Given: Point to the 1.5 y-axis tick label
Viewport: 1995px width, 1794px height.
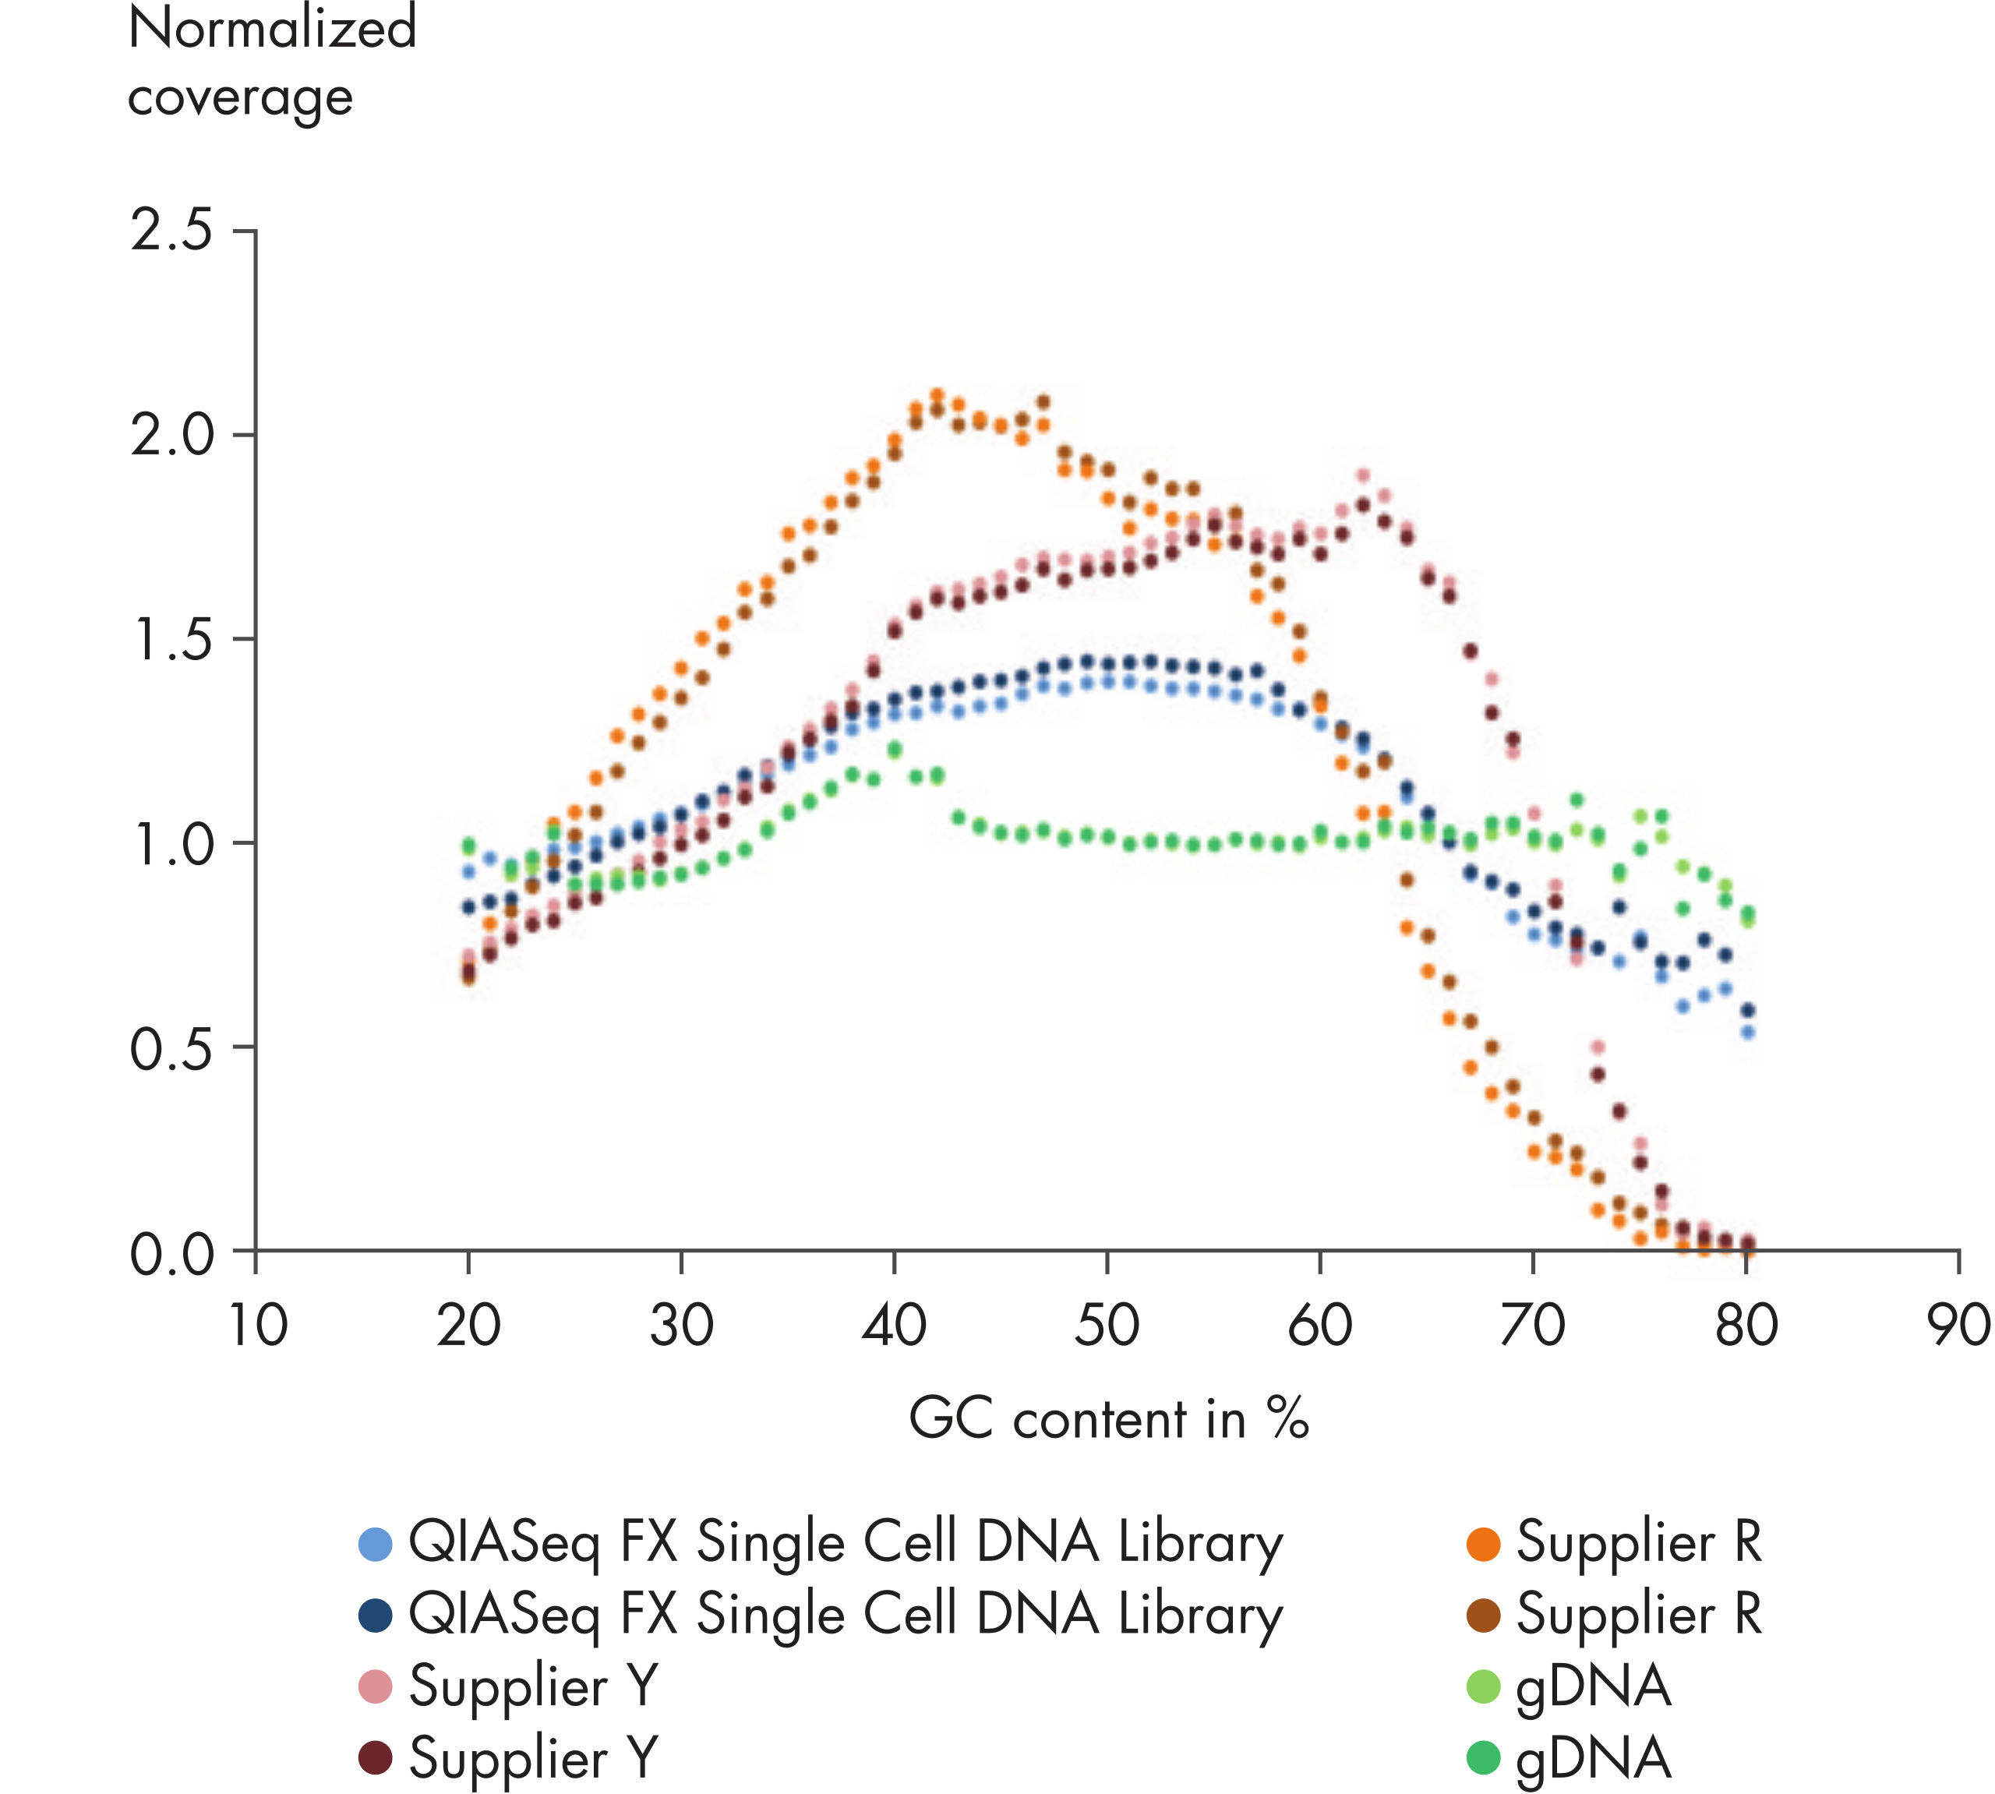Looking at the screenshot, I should point(171,640).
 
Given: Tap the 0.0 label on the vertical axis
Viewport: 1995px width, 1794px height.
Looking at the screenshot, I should point(171,1255).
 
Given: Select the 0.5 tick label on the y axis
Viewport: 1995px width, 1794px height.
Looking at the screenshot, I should point(171,1049).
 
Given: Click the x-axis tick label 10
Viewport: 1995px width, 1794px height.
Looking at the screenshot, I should point(257,1325).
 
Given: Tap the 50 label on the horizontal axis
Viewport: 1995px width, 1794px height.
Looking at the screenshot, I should point(1106,1325).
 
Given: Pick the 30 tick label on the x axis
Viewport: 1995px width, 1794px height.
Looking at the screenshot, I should point(681,1325).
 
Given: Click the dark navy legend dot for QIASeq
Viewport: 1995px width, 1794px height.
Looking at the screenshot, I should point(376,1616).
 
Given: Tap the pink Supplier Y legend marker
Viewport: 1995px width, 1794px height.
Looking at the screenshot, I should point(376,1686).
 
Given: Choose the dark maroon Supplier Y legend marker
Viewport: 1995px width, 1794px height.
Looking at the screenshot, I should point(376,1757).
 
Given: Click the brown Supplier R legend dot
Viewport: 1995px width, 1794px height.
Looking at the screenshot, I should point(1484,1616).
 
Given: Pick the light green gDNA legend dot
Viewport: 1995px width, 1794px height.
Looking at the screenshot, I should point(1484,1686).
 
